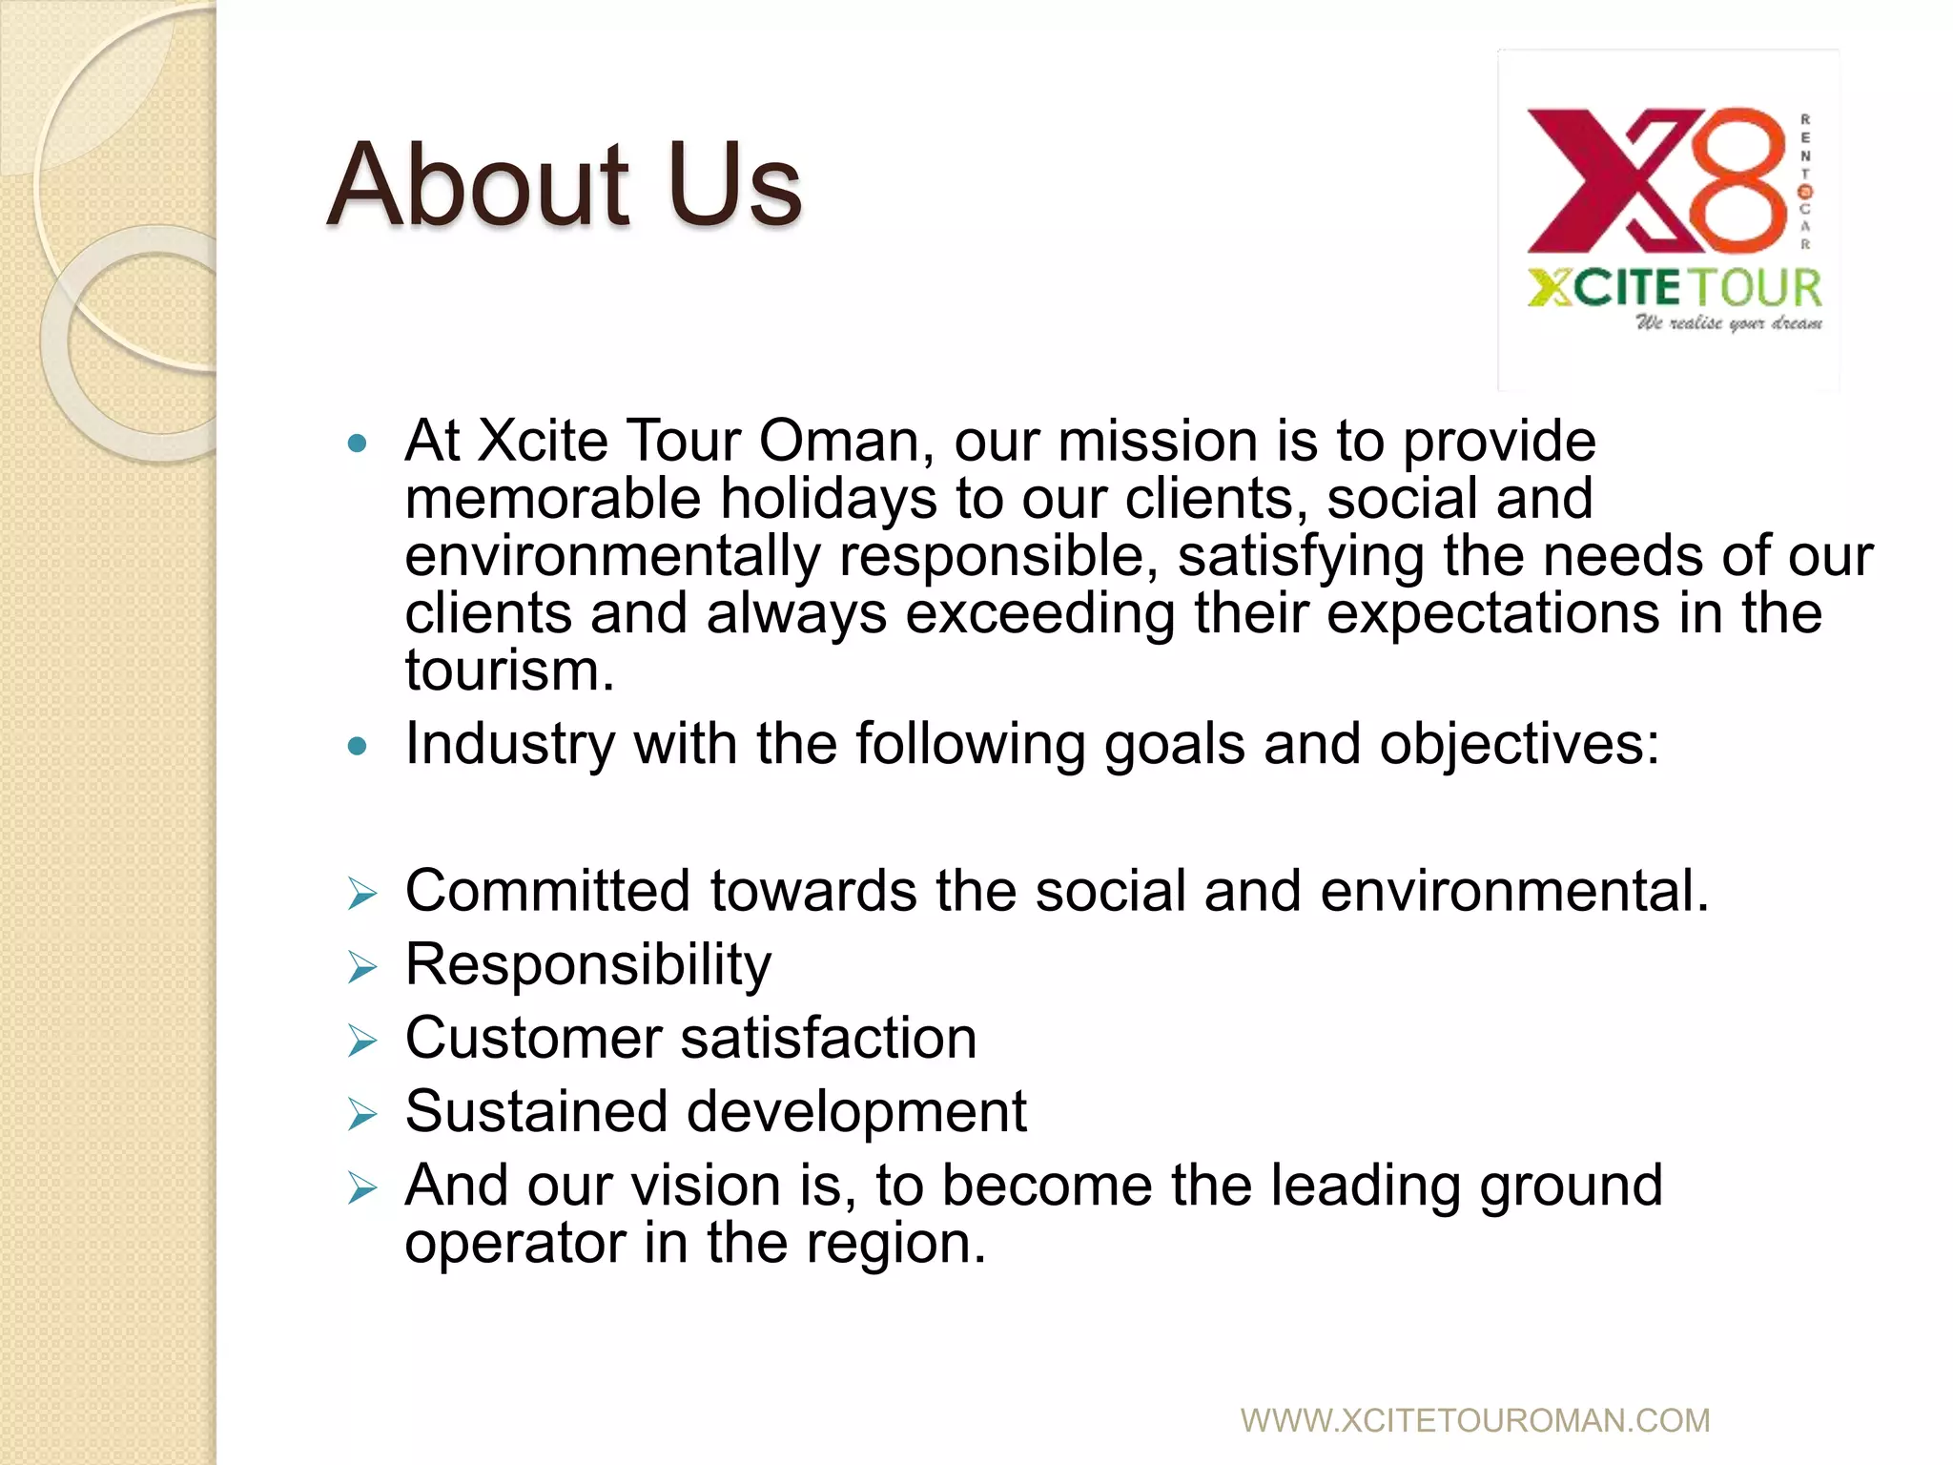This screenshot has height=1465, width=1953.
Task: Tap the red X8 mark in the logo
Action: pos(1655,179)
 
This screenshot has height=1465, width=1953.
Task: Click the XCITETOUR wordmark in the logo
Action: pos(1674,287)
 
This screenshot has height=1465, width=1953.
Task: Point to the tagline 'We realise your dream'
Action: pos(1728,323)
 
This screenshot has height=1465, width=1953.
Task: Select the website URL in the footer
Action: pos(1474,1420)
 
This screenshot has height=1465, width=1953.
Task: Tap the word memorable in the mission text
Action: pos(553,499)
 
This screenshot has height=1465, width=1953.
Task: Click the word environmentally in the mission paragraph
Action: pos(612,557)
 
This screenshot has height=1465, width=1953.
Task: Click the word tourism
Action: pos(509,671)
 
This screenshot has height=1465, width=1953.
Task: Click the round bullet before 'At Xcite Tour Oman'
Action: pos(358,444)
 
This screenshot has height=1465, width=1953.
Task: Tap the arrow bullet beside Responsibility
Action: pos(362,968)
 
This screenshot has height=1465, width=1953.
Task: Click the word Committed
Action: pos(547,891)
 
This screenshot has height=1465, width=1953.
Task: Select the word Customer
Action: pos(533,1038)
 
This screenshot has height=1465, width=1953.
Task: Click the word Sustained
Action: pos(536,1111)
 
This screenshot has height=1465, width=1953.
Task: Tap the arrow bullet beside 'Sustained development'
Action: pos(362,1114)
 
